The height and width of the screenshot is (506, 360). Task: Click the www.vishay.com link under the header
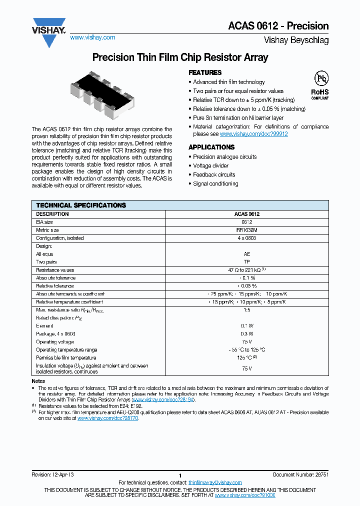click(x=92, y=37)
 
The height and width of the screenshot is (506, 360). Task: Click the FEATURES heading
click(x=205, y=72)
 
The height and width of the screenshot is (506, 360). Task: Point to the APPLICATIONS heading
click(x=211, y=147)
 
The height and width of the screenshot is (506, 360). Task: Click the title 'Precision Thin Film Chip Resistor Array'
click(x=180, y=57)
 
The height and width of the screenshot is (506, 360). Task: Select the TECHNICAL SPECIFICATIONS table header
click(x=81, y=205)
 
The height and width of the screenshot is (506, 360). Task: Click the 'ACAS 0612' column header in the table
click(x=246, y=214)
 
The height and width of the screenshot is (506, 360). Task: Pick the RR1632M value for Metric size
click(x=246, y=230)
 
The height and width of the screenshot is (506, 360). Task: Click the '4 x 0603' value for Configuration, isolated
click(x=246, y=238)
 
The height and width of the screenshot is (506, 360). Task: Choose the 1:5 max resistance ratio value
click(x=246, y=310)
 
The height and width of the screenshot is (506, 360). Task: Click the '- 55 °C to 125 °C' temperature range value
click(x=246, y=350)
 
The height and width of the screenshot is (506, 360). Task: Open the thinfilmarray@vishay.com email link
click(x=215, y=482)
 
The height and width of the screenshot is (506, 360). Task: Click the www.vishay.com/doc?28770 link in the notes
click(x=107, y=418)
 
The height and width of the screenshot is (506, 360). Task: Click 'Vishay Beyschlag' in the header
click(x=296, y=40)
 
